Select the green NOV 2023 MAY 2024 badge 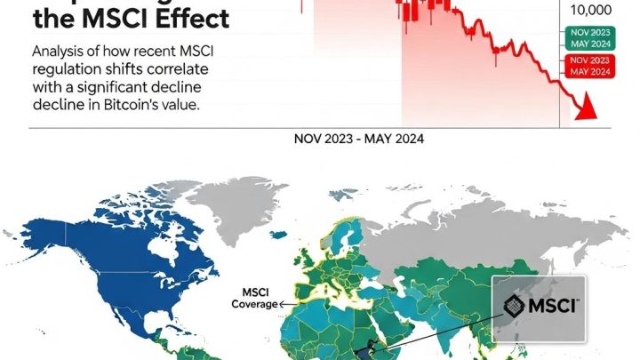(x=589, y=38)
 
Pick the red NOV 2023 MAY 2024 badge (x=589, y=66)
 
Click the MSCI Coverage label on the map (x=255, y=298)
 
